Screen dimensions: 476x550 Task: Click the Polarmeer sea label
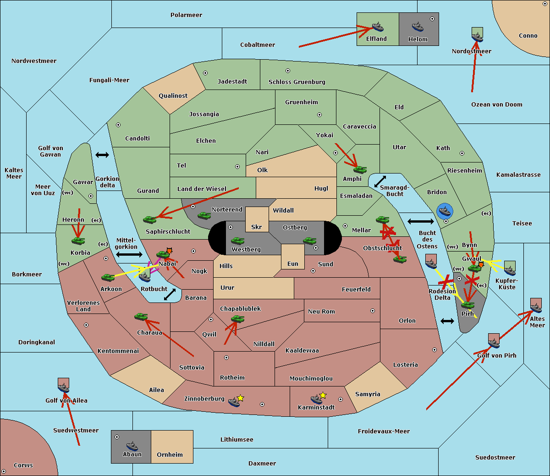[186, 15]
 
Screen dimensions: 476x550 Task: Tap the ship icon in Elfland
[377, 27]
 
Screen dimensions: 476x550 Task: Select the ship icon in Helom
[417, 27]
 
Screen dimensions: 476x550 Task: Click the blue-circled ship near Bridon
[445, 212]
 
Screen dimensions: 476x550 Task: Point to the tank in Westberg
[237, 241]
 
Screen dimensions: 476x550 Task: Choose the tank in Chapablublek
[237, 319]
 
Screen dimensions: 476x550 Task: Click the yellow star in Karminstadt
[323, 395]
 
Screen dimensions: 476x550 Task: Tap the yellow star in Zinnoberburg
[241, 398]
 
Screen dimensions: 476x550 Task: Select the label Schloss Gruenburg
[297, 82]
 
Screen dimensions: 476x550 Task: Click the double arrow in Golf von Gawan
[102, 155]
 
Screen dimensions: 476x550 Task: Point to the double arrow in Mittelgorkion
[129, 255]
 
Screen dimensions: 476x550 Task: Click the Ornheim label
[170, 455]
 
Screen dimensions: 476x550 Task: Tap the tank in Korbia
[78, 241]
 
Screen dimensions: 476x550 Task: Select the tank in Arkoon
[108, 277]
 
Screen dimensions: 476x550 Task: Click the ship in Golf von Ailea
[63, 388]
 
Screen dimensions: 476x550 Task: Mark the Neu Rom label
[321, 312]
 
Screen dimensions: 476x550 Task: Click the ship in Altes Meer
[536, 307]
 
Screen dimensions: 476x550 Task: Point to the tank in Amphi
[360, 169]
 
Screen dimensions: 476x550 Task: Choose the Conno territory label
[528, 36]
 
